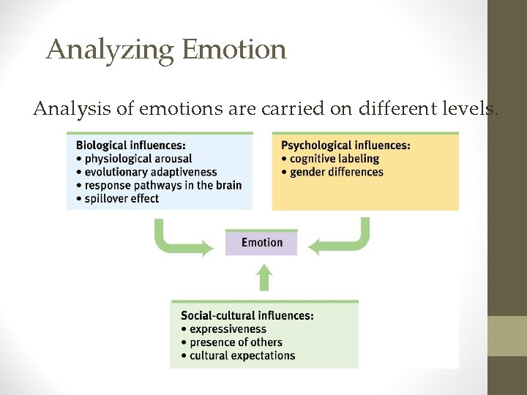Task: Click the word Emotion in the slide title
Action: (x=234, y=50)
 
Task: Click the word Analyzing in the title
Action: (x=110, y=50)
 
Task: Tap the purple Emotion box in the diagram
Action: (x=261, y=243)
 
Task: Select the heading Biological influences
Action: (x=130, y=145)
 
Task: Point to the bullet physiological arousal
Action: (x=138, y=159)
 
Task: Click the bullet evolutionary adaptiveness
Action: (x=151, y=172)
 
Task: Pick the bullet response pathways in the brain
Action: (x=162, y=185)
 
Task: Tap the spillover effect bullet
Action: (x=122, y=198)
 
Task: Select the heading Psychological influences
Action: (x=345, y=145)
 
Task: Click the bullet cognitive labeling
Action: (x=334, y=159)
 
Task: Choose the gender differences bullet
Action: (x=336, y=172)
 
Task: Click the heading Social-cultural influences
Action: (x=247, y=316)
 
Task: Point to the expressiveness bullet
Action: (x=228, y=329)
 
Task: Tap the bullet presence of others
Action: (x=235, y=342)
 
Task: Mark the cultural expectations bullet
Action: (x=242, y=355)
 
